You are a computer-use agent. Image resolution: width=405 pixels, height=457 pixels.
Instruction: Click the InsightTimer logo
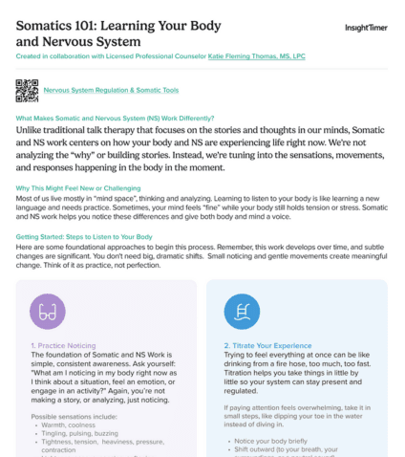[366, 28]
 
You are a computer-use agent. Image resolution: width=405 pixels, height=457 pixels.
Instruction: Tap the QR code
[28, 91]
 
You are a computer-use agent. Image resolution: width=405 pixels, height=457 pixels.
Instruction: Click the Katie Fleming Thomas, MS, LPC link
[259, 56]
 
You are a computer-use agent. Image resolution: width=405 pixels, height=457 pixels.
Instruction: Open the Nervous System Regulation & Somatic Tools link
[111, 91]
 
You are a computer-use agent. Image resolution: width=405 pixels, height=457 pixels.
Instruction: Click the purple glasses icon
[48, 312]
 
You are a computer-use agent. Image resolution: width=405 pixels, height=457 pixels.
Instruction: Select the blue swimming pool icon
[242, 312]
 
